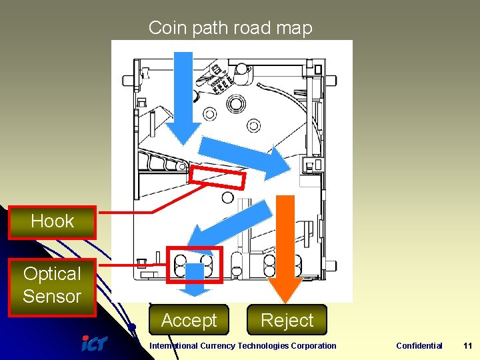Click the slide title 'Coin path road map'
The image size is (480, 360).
coord(230,28)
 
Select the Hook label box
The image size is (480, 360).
coord(52,222)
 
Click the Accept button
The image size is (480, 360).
coord(189,321)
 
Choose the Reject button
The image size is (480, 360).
coord(287,321)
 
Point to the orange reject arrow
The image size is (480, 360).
coord(285,247)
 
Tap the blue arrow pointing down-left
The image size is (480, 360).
coord(227,227)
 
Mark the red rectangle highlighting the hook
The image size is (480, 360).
coord(217,177)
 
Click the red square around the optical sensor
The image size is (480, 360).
coord(194,265)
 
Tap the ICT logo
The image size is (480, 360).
coord(94,344)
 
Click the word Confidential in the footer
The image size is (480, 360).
coord(419,345)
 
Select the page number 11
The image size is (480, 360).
coord(467,345)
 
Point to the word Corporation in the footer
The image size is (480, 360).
coord(314,345)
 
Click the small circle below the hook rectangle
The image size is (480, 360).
coord(227,197)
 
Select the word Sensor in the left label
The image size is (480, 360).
coord(52,297)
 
